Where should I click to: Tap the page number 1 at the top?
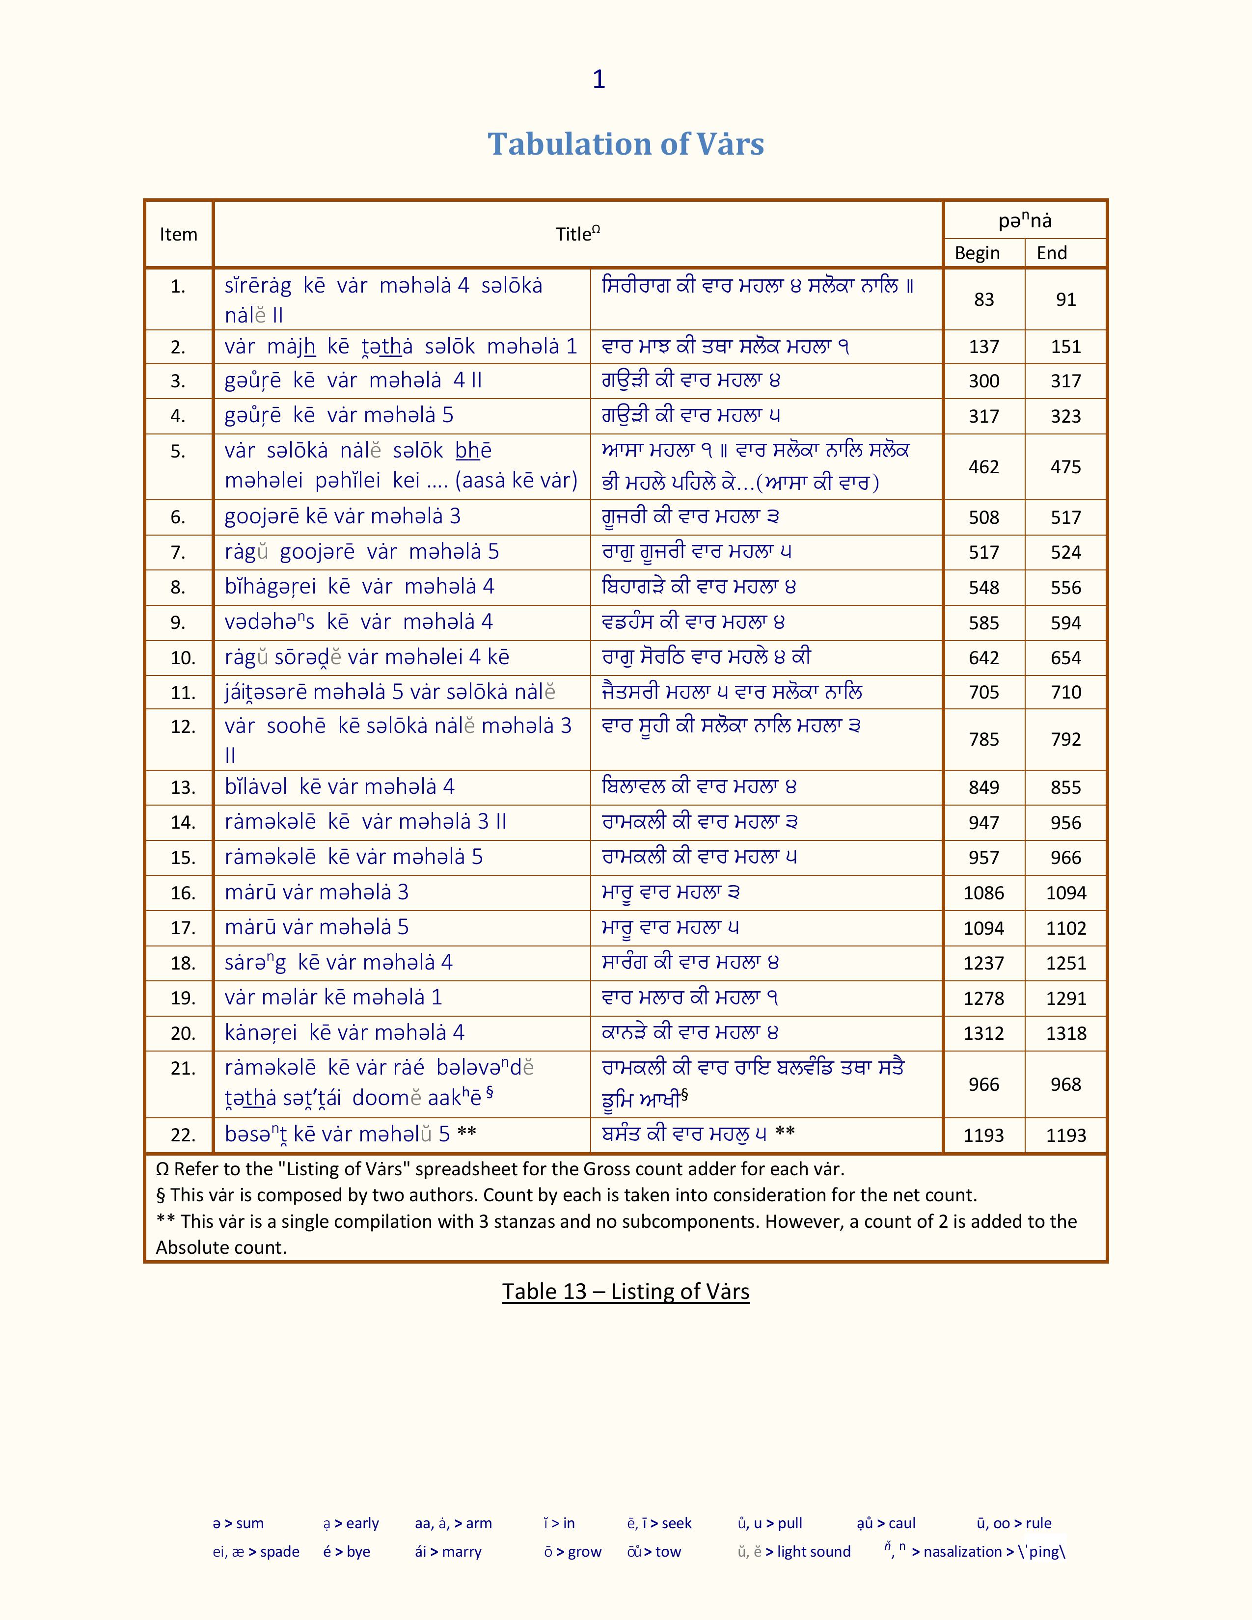599,80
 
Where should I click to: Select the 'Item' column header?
178,234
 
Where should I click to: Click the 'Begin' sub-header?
977,253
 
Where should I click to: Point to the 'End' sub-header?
1052,253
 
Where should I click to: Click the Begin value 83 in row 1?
983,299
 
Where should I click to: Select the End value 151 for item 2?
1066,347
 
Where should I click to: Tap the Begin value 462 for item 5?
983,466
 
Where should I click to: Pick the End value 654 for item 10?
1066,658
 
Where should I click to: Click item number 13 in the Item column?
183,788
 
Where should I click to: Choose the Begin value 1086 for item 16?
983,893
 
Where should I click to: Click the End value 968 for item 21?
1066,1084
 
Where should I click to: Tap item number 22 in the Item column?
183,1135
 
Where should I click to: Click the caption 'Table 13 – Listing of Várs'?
625,1292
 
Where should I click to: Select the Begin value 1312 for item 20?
983,1033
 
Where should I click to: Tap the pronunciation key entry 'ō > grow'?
572,1552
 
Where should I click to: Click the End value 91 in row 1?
1066,299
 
